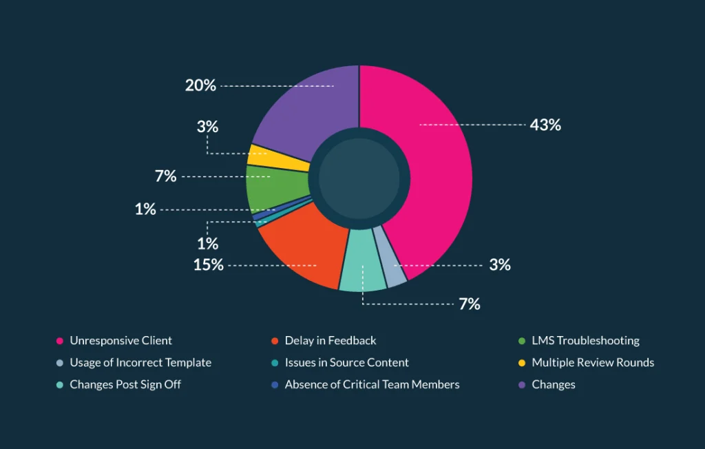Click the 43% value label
click(x=545, y=125)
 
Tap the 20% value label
click(x=200, y=85)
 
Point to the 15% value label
click(x=208, y=264)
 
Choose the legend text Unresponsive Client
click(x=120, y=341)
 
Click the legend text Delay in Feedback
click(x=330, y=341)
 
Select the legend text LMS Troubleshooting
click(x=585, y=341)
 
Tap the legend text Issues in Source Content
click(x=346, y=363)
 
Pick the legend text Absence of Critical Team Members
click(x=372, y=385)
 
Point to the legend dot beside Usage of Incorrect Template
click(x=60, y=363)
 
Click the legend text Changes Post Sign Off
click(x=125, y=385)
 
